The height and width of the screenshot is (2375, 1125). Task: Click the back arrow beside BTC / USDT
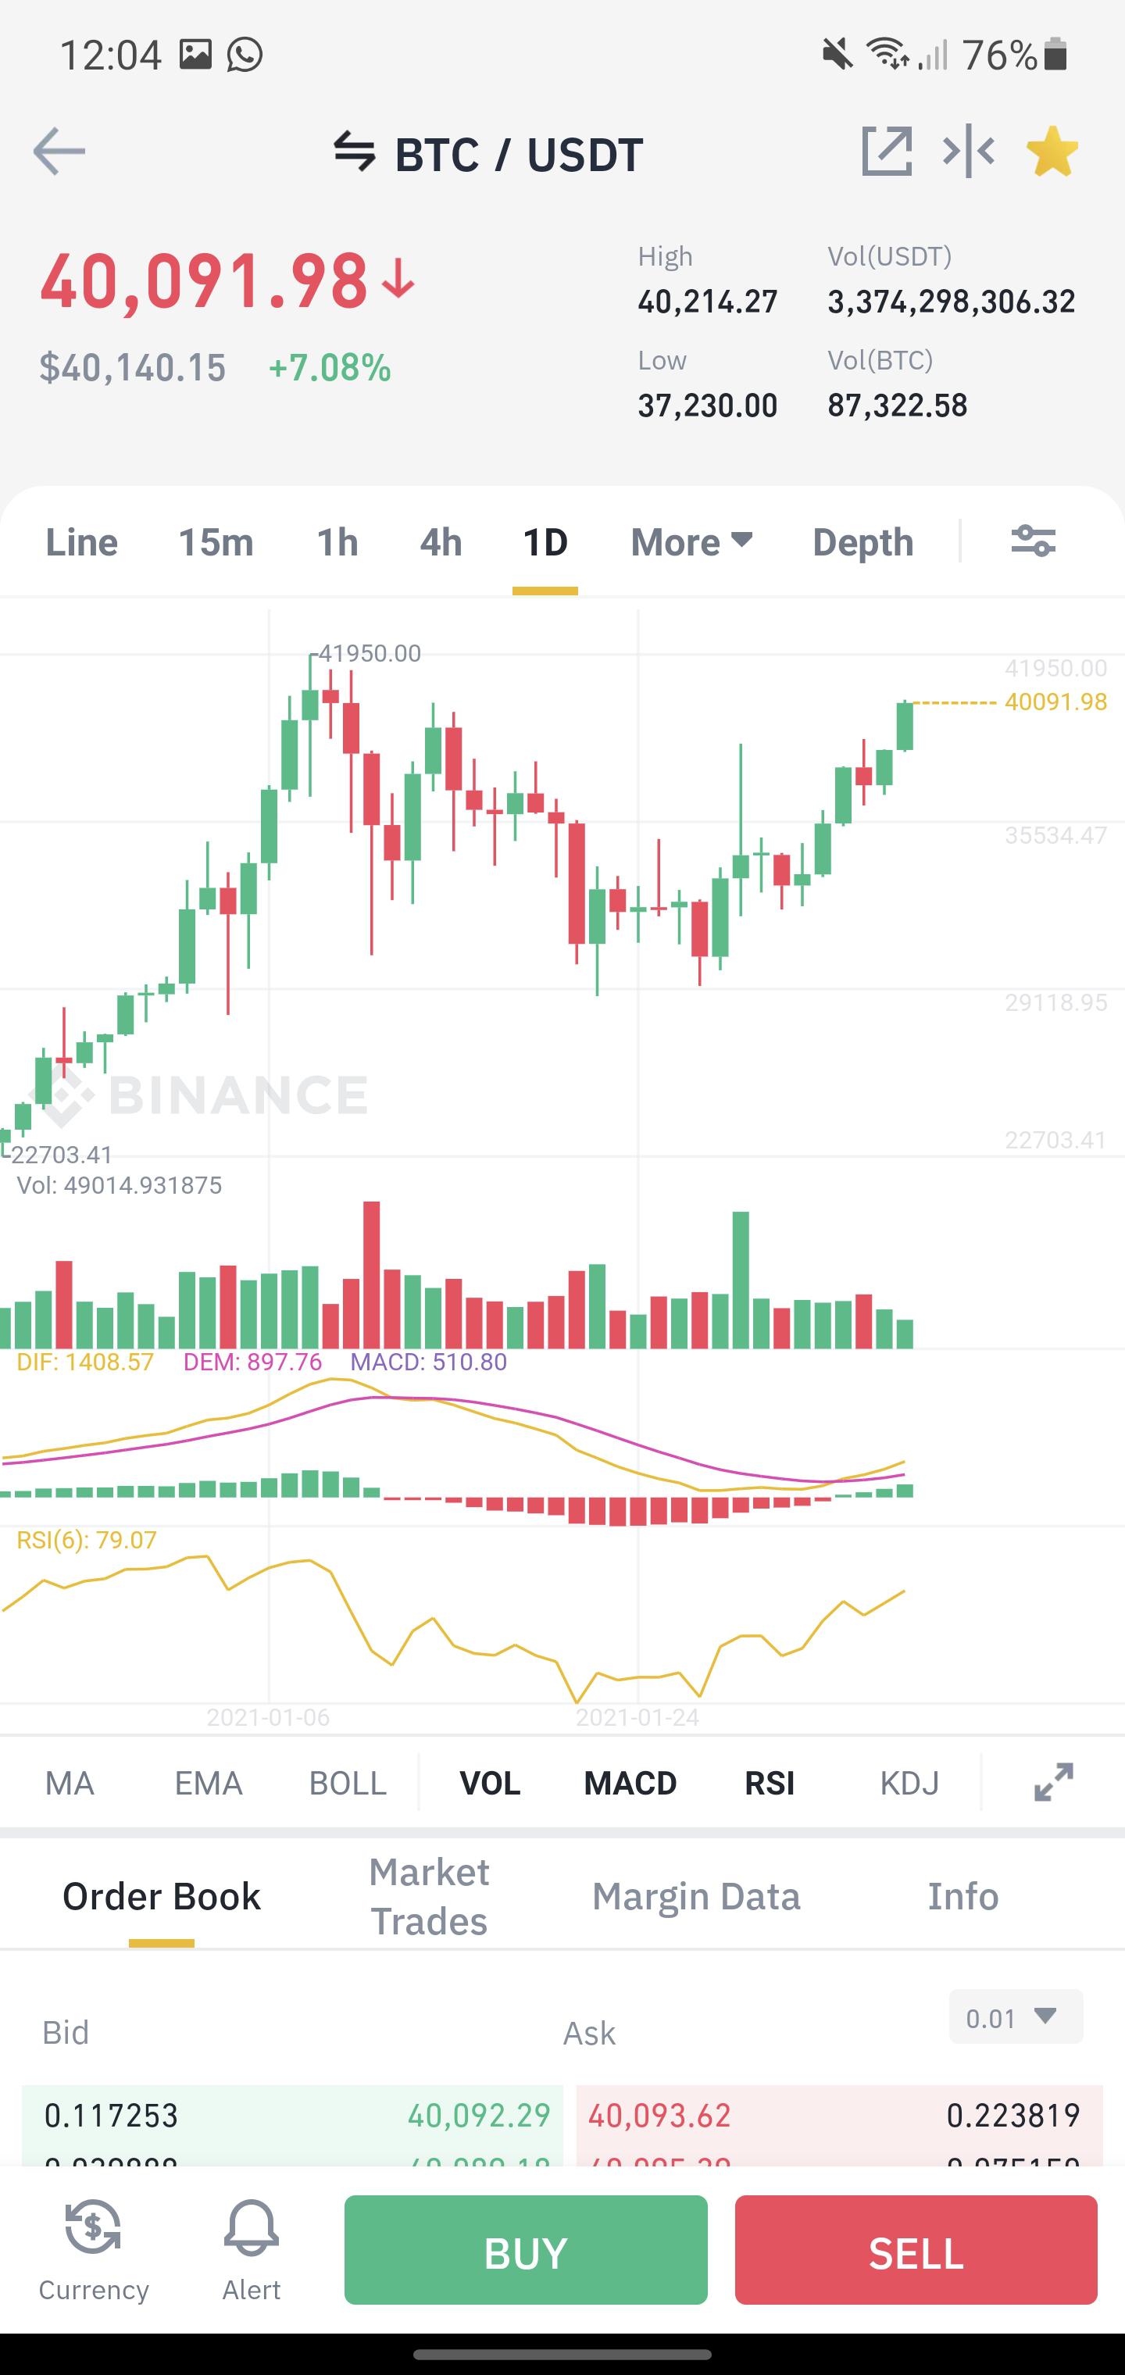tap(59, 152)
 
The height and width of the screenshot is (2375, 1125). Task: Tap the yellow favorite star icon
tap(1052, 152)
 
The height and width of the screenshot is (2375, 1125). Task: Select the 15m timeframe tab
tap(216, 542)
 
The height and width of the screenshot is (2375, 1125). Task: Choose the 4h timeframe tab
tap(441, 542)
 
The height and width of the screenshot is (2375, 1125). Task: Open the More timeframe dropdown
tap(691, 542)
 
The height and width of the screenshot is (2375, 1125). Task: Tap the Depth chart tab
tap(862, 542)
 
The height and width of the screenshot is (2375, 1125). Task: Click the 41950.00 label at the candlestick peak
tap(369, 654)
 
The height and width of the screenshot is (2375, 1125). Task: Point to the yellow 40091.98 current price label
tap(1055, 702)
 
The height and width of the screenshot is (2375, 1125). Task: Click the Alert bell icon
tap(251, 2231)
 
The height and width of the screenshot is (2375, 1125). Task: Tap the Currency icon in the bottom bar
tap(93, 2231)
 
